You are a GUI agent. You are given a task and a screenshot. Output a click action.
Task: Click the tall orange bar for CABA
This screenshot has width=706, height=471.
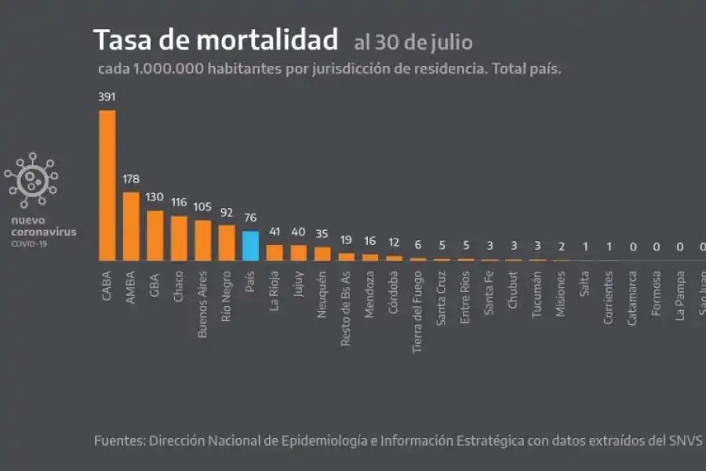click(x=107, y=185)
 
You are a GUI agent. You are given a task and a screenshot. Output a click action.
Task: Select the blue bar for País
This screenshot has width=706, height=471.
click(x=250, y=246)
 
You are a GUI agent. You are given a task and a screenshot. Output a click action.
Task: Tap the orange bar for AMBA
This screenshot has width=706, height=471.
click(x=131, y=226)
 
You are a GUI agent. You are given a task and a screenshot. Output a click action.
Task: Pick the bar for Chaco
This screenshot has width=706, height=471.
click(x=179, y=238)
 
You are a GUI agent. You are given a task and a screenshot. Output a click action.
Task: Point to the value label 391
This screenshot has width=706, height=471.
click(x=107, y=97)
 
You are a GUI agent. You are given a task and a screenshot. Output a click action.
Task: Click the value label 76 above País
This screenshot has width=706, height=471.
click(x=250, y=219)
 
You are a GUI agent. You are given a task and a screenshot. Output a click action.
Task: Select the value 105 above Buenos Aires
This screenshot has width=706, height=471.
click(x=203, y=206)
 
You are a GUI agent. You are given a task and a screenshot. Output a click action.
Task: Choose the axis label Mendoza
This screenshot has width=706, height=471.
click(x=371, y=294)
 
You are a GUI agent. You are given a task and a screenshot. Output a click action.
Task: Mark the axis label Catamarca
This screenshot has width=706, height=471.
click(x=634, y=299)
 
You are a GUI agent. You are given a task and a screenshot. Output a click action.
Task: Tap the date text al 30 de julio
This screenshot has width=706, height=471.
click(x=413, y=41)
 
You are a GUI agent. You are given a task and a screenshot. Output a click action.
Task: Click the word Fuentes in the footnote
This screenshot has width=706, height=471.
click(x=118, y=440)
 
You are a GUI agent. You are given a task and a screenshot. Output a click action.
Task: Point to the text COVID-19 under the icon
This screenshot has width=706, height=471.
click(x=28, y=243)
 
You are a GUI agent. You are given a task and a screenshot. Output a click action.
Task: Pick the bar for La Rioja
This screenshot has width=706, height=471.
click(x=275, y=252)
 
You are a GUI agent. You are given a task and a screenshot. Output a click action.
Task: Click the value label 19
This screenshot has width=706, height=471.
click(x=347, y=240)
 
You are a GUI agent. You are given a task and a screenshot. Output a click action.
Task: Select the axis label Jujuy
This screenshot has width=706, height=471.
click(x=299, y=287)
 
